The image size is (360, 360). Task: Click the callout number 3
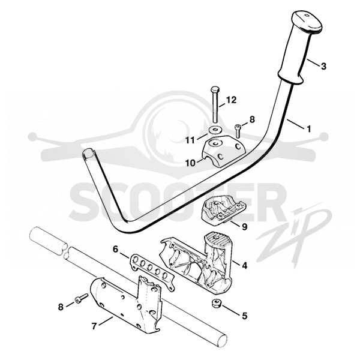(x=323, y=67)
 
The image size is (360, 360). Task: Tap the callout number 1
(x=309, y=129)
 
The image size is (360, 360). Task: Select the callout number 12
(x=231, y=100)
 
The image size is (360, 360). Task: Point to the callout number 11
(x=190, y=140)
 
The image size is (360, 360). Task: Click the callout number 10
(x=190, y=163)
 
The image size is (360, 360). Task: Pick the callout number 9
(x=245, y=227)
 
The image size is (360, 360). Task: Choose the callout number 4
(x=245, y=266)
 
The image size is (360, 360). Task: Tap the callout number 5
(x=245, y=316)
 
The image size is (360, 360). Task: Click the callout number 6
(x=115, y=249)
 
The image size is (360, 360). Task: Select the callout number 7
(x=94, y=326)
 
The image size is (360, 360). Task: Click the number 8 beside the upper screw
(x=252, y=119)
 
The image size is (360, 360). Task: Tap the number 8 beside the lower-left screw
(x=61, y=307)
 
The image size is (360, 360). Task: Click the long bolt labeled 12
(x=215, y=106)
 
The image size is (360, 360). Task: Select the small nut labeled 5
(x=216, y=303)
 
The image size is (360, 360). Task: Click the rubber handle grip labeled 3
(x=298, y=46)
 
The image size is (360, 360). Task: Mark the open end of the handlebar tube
(x=89, y=154)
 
